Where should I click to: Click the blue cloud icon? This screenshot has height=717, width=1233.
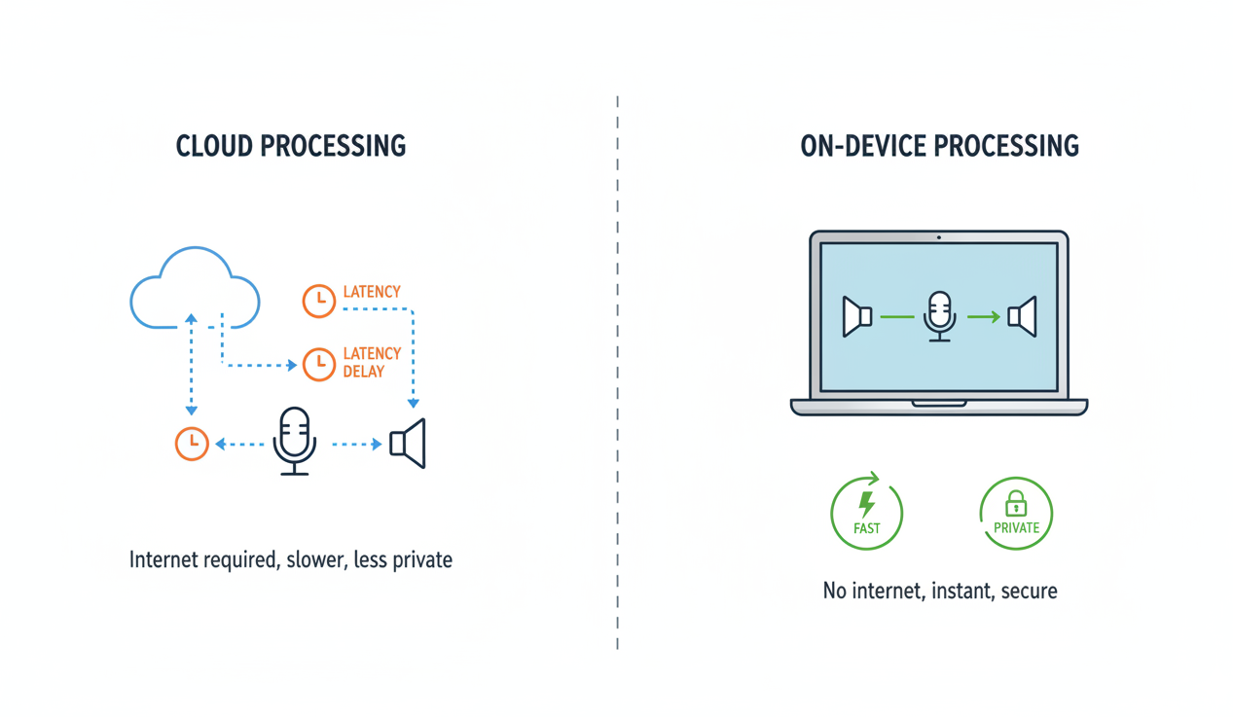[x=195, y=288]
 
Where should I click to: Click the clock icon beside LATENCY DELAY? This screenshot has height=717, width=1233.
[x=319, y=364]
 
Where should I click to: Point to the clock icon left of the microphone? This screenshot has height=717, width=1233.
[x=192, y=444]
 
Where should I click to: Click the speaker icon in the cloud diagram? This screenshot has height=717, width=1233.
[x=409, y=444]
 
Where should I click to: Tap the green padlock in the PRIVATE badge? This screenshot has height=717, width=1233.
[x=1016, y=503]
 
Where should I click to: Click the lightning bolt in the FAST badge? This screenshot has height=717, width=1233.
[x=865, y=503]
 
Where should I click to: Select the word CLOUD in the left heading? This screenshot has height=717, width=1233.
[x=214, y=147]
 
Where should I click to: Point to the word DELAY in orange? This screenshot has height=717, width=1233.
[x=364, y=372]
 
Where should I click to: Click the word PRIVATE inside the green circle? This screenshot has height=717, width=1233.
[x=1016, y=528]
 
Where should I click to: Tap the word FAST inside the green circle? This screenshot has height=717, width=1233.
[x=866, y=528]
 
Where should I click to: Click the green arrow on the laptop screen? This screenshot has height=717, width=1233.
[x=983, y=316]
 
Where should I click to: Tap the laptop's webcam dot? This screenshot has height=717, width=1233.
[x=938, y=237]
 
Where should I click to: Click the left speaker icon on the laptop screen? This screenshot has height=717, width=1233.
[x=856, y=316]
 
